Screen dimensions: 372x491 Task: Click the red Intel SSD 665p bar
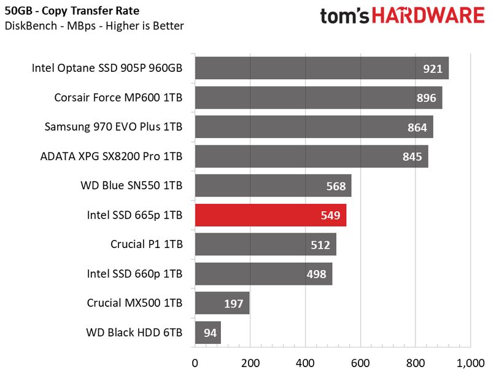pyautogui.click(x=270, y=215)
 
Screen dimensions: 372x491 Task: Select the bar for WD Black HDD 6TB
pyautogui.click(x=207, y=333)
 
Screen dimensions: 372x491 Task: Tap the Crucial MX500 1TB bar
pyautogui.click(x=222, y=304)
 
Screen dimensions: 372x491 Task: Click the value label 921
pyautogui.click(x=432, y=68)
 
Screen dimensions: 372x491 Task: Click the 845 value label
pyautogui.click(x=412, y=157)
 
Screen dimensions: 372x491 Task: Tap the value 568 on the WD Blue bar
pyautogui.click(x=336, y=186)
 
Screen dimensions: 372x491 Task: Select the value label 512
pyautogui.click(x=321, y=245)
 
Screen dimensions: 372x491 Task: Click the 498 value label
pyautogui.click(x=316, y=274)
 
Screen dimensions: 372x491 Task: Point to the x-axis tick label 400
pyautogui.click(x=305, y=361)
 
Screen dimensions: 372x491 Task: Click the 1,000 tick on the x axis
pyautogui.click(x=470, y=361)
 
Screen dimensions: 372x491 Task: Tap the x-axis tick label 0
pyautogui.click(x=195, y=361)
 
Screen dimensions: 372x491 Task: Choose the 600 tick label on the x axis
pyautogui.click(x=360, y=361)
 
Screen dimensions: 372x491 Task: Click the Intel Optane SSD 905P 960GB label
pyautogui.click(x=107, y=68)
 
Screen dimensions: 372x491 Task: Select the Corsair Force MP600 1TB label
pyautogui.click(x=118, y=98)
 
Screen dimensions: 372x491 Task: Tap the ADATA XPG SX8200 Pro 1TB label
pyautogui.click(x=111, y=157)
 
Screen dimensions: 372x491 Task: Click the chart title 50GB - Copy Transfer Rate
pyautogui.click(x=72, y=11)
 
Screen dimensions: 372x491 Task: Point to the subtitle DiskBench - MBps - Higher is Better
pyautogui.click(x=94, y=26)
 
